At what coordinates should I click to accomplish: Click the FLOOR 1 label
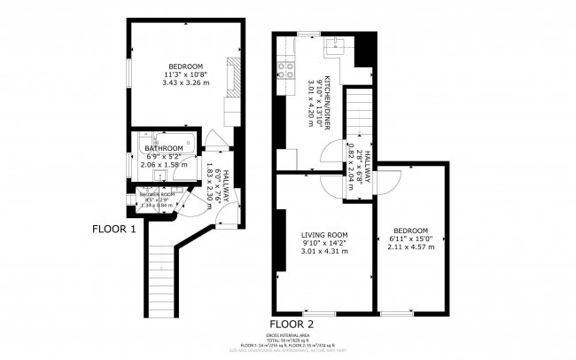pos(115,228)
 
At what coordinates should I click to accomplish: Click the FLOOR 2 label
pos(292,324)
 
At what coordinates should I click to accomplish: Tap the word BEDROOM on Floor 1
pos(187,67)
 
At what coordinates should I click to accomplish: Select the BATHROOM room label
pos(164,148)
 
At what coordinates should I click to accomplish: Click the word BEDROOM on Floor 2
pos(410,231)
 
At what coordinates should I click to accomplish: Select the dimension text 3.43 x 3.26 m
pos(186,83)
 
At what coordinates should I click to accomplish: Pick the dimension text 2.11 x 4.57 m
pos(410,247)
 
